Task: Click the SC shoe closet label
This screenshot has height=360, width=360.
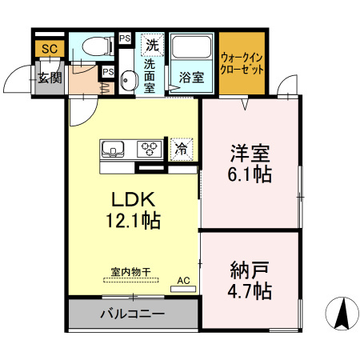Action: (49, 50)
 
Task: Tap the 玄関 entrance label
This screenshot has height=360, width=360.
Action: (49, 78)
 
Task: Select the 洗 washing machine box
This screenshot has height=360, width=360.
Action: (151, 45)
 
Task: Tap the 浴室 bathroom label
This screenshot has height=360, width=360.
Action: (190, 78)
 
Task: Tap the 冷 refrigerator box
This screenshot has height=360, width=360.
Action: (181, 148)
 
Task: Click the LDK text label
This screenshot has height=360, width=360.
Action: (126, 199)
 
